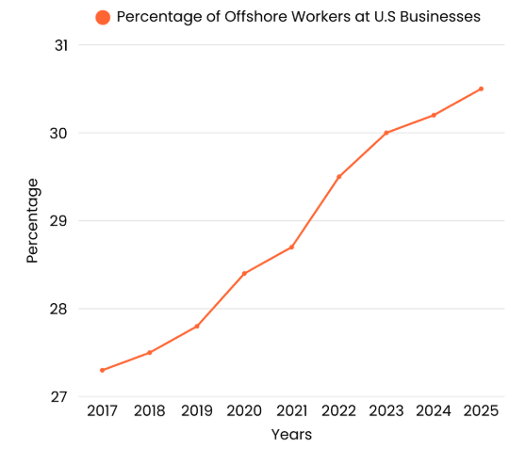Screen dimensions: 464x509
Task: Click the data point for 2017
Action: coord(102,370)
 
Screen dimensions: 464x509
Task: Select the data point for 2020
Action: coord(244,273)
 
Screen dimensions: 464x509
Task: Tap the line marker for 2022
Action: coord(338,176)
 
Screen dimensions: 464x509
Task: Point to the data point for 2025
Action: coord(481,88)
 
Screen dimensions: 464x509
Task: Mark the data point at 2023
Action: coord(386,133)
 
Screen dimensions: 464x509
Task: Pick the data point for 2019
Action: coord(197,326)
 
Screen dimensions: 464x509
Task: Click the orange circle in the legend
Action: coord(103,17)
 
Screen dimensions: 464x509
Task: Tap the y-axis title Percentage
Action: coord(33,220)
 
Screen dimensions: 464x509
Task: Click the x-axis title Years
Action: coord(291,435)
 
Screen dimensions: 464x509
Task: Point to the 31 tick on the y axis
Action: coord(60,45)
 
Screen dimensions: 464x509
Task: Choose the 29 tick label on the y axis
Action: coord(60,220)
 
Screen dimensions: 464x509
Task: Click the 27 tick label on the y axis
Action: coord(60,396)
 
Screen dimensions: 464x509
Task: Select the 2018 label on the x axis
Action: coord(149,410)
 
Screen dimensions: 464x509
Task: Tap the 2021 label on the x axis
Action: coord(291,410)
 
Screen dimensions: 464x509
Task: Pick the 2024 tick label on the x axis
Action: coord(434,410)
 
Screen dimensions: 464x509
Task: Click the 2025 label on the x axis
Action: coord(481,410)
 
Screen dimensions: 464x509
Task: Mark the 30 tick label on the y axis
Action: coord(60,133)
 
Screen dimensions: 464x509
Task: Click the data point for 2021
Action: coord(291,247)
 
